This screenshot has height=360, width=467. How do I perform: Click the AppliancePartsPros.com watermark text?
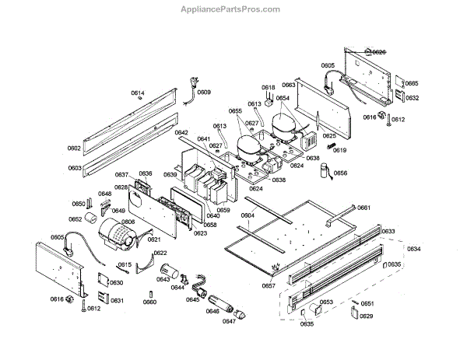tap(232, 9)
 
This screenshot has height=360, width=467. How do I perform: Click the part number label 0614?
tap(137, 93)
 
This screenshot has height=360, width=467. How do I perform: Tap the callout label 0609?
tap(203, 93)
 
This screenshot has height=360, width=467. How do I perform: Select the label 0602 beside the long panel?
tap(74, 148)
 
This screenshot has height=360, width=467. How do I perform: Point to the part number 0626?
tap(378, 51)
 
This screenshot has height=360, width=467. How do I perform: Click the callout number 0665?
tap(411, 83)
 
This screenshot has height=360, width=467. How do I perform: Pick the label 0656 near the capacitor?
tap(340, 173)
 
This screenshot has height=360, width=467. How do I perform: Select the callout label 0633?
tap(388, 232)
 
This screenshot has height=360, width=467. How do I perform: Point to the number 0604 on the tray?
tap(248, 215)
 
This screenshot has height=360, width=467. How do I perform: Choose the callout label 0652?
tap(75, 219)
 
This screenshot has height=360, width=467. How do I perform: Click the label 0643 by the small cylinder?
tap(163, 278)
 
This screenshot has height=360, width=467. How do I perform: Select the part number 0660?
tap(149, 302)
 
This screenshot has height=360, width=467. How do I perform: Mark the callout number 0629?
tap(366, 316)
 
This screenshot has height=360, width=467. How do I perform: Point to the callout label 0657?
tap(269, 286)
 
